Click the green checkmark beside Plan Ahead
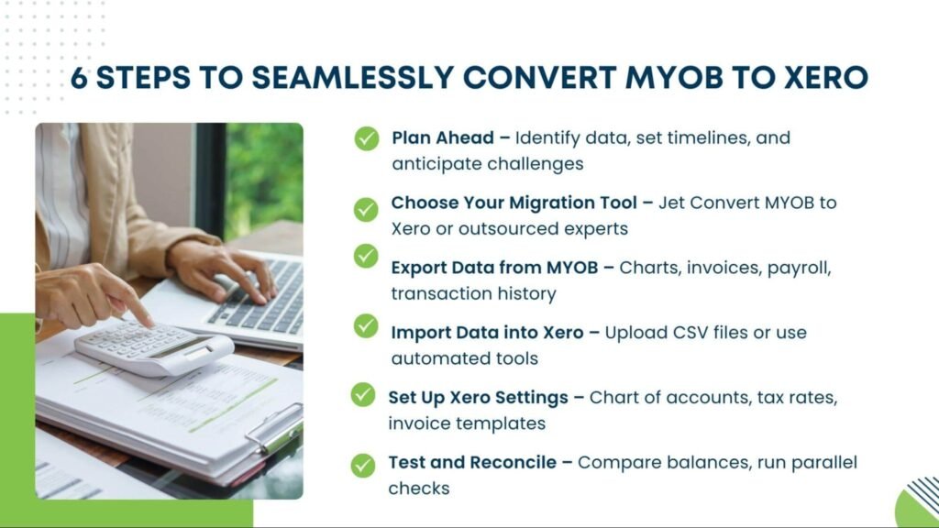point(367,138)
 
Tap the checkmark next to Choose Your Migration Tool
point(366,210)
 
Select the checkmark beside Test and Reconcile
point(363,465)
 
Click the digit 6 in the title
point(79,78)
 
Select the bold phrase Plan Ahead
point(443,137)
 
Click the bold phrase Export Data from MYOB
point(494,268)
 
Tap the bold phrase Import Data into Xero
point(487,332)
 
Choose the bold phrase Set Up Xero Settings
point(478,398)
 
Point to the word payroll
point(799,269)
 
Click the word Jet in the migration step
point(671,203)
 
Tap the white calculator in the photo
point(154,348)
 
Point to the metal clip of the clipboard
point(275,428)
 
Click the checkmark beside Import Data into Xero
point(366,326)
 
